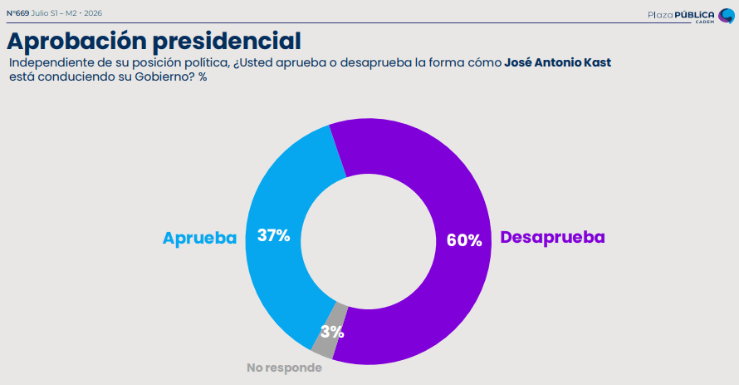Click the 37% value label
(x=273, y=235)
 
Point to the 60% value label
(x=464, y=240)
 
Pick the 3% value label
(x=332, y=332)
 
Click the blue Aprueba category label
(x=200, y=239)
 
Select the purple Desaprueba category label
(x=552, y=237)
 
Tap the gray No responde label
(x=284, y=368)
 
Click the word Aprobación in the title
(x=77, y=41)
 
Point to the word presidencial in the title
(x=227, y=41)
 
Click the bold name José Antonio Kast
(x=557, y=62)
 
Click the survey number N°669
(x=18, y=13)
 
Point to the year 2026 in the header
(x=93, y=13)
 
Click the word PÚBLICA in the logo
(x=694, y=15)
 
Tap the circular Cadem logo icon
(x=727, y=16)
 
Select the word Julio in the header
(x=40, y=13)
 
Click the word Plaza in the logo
(x=660, y=15)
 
